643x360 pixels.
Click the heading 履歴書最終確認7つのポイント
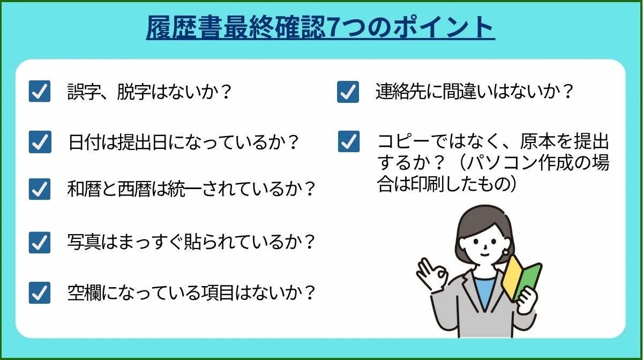point(320,28)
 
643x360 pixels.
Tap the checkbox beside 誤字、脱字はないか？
point(40,92)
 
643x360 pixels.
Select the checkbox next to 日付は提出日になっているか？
point(40,142)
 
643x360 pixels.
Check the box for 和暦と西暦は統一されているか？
point(40,190)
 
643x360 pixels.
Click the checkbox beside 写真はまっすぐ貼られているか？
point(40,242)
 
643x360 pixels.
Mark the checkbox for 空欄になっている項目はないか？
point(40,293)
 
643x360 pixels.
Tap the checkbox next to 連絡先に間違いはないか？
point(348,92)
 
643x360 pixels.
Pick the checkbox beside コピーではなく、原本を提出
point(349,142)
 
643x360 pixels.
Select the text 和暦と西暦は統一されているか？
point(191,190)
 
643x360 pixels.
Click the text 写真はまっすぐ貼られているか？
point(191,242)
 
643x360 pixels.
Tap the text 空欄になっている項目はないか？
point(191,293)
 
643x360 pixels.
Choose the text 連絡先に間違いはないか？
point(475,92)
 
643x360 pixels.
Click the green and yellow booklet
point(522,276)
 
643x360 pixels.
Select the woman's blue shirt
point(484,292)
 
